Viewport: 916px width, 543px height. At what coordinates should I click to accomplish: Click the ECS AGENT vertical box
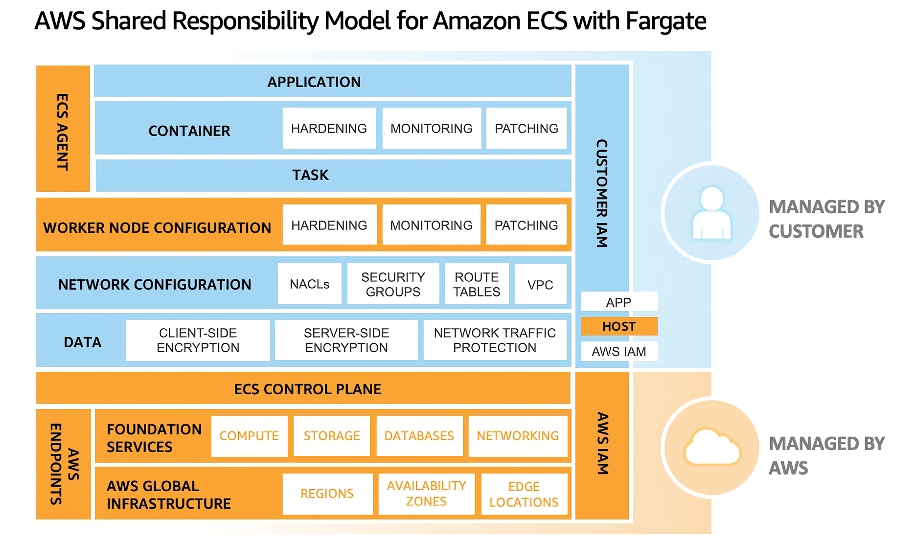(63, 129)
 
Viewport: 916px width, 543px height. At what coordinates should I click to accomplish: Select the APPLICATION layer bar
(332, 81)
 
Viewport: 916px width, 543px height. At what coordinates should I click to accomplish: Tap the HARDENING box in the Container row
(329, 128)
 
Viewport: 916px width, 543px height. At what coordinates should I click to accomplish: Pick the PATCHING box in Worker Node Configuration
(526, 225)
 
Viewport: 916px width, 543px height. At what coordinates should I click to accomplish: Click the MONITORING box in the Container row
(431, 128)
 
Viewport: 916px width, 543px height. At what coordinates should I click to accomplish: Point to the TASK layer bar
(333, 175)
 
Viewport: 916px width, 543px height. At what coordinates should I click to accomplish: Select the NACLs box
(309, 284)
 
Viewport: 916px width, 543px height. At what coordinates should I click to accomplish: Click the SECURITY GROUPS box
(393, 284)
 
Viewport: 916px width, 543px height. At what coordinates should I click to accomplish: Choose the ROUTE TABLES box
(477, 284)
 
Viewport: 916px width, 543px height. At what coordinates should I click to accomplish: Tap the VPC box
(540, 285)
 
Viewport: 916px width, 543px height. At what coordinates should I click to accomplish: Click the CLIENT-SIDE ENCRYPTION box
(198, 340)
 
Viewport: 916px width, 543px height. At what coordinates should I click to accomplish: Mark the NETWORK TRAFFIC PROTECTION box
(495, 340)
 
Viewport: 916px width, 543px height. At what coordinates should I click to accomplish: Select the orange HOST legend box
(619, 326)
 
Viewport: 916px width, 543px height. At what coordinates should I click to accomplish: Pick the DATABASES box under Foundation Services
(419, 436)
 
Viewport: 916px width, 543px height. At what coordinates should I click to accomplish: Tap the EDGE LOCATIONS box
(524, 494)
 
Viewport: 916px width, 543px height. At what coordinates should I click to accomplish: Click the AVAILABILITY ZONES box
(426, 494)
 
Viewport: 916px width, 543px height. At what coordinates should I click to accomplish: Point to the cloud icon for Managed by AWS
(712, 447)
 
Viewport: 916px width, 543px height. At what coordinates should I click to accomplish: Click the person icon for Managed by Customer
(711, 212)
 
